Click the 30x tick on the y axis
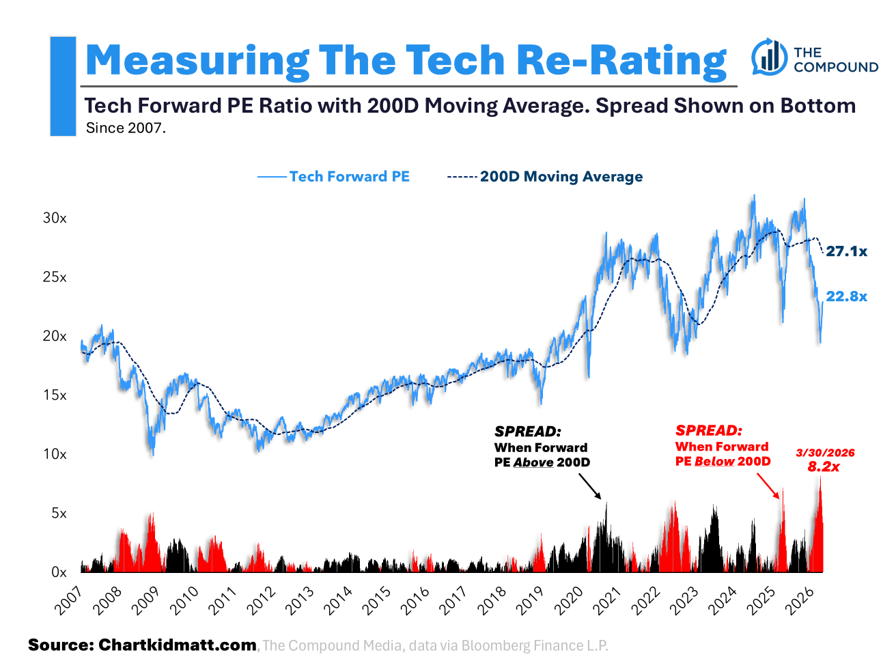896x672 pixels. click(x=55, y=218)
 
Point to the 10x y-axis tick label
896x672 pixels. click(x=55, y=454)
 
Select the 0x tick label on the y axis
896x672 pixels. click(x=59, y=572)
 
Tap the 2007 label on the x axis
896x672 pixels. click(x=68, y=601)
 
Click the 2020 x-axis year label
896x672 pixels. click(x=572, y=601)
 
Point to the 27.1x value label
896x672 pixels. click(x=846, y=251)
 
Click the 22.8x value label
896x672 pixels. click(x=846, y=296)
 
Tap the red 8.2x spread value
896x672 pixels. click(x=824, y=467)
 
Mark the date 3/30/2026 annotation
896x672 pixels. click(x=825, y=453)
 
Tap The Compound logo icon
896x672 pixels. click(x=769, y=57)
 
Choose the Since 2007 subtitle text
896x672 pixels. click(x=126, y=128)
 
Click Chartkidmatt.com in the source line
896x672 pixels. click(x=178, y=645)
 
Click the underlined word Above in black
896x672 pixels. click(x=533, y=462)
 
